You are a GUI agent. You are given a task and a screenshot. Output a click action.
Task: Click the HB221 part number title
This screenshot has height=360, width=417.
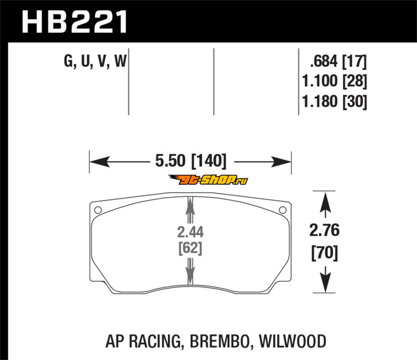point(74,22)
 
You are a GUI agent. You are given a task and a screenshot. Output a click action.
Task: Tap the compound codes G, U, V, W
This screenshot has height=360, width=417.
point(95,61)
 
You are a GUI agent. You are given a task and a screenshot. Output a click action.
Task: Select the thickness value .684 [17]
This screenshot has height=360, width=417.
point(338,61)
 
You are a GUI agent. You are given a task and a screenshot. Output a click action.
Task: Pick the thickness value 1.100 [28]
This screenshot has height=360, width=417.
point(335,81)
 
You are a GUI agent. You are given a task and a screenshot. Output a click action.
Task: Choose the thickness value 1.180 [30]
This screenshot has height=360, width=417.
point(335,101)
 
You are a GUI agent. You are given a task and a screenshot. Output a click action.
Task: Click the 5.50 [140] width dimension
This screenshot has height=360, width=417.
point(191,161)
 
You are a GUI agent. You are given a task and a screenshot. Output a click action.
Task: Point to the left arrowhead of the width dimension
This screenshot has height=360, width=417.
point(100,162)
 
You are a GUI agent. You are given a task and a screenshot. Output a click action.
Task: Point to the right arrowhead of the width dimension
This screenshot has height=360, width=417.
point(281,162)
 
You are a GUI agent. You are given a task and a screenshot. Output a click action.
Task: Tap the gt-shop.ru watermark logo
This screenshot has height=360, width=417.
point(208,180)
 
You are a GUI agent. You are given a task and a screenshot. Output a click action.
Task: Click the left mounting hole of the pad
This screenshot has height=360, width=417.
point(98,210)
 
